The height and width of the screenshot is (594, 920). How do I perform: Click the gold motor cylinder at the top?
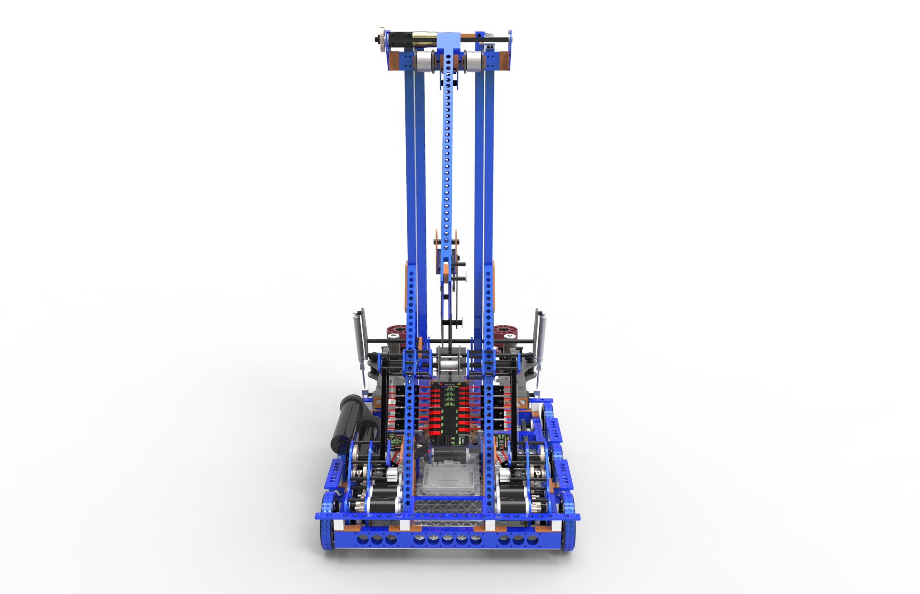click(423, 38)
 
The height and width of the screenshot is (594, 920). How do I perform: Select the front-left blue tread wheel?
click(328, 520)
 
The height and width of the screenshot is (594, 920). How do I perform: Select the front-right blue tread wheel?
click(569, 520)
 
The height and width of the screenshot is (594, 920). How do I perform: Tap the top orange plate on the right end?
click(504, 61)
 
